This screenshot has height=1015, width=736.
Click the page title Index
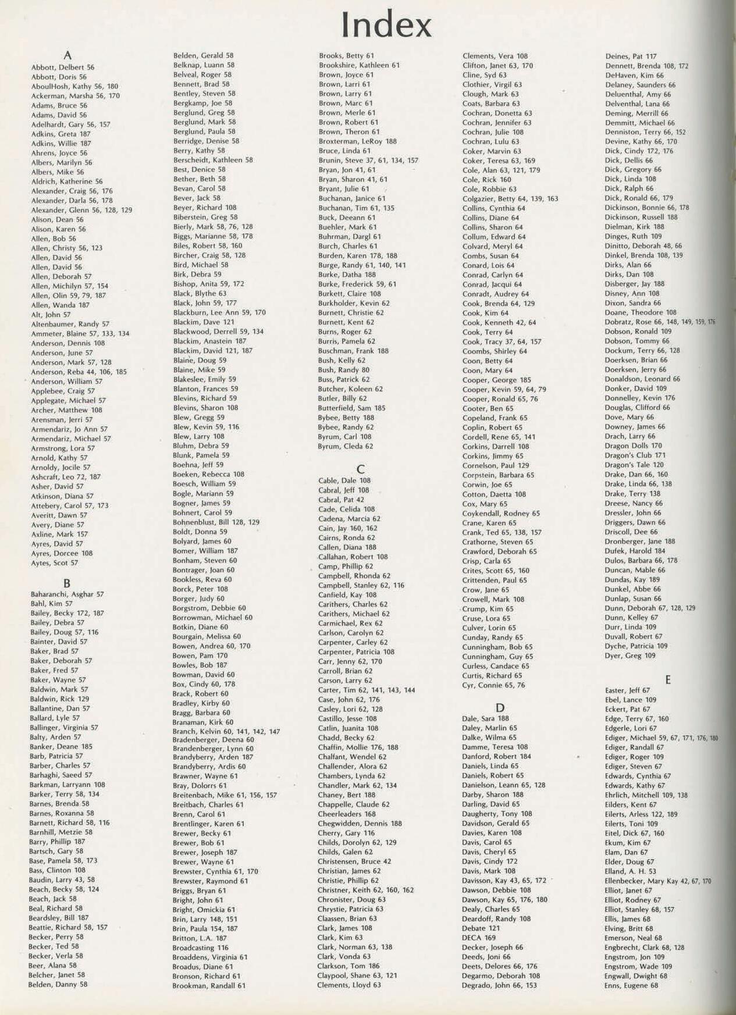[386, 25]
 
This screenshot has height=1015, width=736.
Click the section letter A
[67, 56]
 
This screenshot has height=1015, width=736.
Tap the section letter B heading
[67, 583]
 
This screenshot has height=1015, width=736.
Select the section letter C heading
[360, 469]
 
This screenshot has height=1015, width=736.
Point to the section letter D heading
[500, 707]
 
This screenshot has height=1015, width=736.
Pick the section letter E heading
[668, 679]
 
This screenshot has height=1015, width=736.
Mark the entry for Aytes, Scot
[54, 563]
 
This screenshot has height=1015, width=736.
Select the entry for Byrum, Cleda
[346, 447]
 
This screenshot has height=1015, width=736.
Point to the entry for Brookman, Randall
[209, 986]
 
